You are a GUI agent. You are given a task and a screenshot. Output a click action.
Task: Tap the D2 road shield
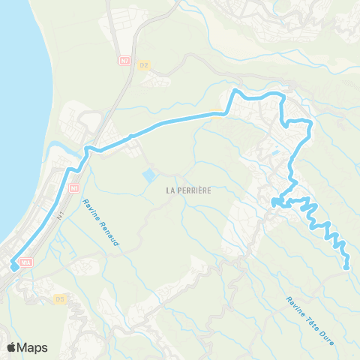(x=144, y=65)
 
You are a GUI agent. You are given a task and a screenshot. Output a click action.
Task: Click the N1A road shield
(x=27, y=262)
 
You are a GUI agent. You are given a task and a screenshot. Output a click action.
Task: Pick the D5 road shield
(x=60, y=298)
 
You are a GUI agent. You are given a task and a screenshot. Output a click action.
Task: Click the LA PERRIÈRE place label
(x=189, y=190)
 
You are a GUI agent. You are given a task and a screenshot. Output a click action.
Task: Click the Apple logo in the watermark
(x=12, y=347)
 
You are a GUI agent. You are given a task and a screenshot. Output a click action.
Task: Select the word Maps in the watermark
(x=32, y=347)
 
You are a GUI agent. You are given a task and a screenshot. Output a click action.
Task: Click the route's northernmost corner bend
(x=235, y=91)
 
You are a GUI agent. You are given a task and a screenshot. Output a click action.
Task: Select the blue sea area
(x=19, y=112)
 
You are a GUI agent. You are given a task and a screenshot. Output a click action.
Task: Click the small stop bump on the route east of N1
(x=131, y=136)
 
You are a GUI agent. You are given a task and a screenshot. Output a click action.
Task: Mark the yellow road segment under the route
(x=217, y=115)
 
